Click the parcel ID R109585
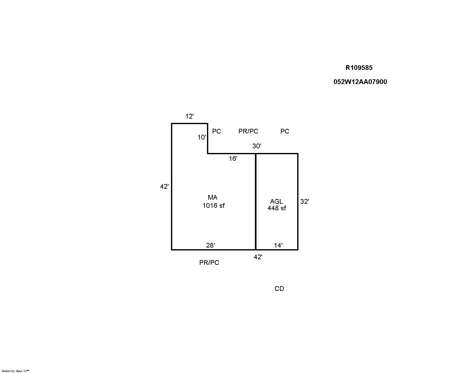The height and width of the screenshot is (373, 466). pyautogui.click(x=359, y=68)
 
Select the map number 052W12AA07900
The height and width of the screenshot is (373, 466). pyautogui.click(x=360, y=82)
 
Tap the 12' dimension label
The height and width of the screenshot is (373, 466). pyautogui.click(x=189, y=116)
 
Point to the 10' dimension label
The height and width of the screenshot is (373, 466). pyautogui.click(x=202, y=137)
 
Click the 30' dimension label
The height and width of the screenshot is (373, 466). pyautogui.click(x=256, y=146)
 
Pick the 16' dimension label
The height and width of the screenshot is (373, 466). pyautogui.click(x=233, y=159)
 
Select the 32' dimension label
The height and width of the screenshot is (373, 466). pyautogui.click(x=304, y=202)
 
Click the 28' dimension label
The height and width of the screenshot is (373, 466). pyautogui.click(x=210, y=245)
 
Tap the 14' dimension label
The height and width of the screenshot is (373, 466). pyautogui.click(x=278, y=245)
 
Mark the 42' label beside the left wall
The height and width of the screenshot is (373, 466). pyautogui.click(x=164, y=186)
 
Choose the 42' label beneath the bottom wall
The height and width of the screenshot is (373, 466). pyautogui.click(x=258, y=257)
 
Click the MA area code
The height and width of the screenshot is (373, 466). pyautogui.click(x=212, y=197)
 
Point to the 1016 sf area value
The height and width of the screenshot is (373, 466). pyautogui.click(x=214, y=206)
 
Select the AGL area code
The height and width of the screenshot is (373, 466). pyautogui.click(x=277, y=202)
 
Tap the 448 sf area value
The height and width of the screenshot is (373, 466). pyautogui.click(x=277, y=208)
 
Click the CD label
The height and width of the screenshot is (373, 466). pyautogui.click(x=279, y=289)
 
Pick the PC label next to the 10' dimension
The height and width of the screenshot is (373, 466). pyautogui.click(x=216, y=131)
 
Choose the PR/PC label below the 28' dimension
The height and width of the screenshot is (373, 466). pyautogui.click(x=209, y=263)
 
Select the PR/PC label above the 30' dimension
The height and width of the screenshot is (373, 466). pyautogui.click(x=248, y=131)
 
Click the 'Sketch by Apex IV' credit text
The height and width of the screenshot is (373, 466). pyautogui.click(x=15, y=371)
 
